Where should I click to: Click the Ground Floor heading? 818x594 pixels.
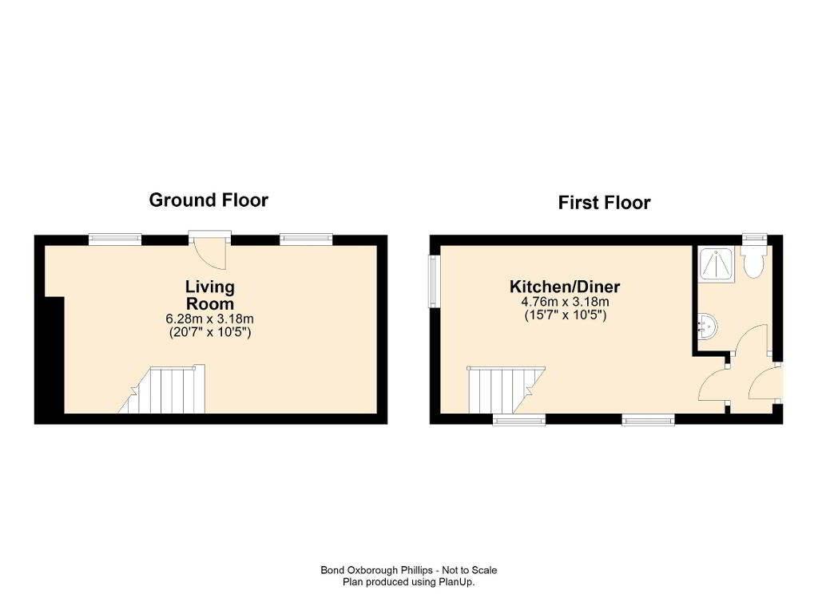click(x=208, y=200)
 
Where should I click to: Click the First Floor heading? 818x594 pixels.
click(x=604, y=202)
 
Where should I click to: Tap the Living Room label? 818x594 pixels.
click(x=210, y=295)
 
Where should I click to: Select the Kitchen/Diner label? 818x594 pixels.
click(x=565, y=287)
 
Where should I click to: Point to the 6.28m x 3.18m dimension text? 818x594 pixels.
click(x=210, y=319)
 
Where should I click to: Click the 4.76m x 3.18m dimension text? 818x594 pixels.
click(x=565, y=302)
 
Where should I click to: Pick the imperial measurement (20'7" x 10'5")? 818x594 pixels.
click(x=210, y=332)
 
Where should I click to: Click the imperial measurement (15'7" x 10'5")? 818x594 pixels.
click(x=565, y=315)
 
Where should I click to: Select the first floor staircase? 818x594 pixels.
click(x=506, y=389)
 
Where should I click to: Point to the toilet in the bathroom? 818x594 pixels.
click(x=754, y=261)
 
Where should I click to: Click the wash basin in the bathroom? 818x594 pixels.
click(x=708, y=327)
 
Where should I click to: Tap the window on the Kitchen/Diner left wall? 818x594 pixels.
click(x=434, y=281)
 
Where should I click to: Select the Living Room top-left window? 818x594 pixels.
click(x=115, y=240)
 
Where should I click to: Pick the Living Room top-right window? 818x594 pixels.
click(x=306, y=240)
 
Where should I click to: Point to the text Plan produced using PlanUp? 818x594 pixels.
click(x=408, y=582)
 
